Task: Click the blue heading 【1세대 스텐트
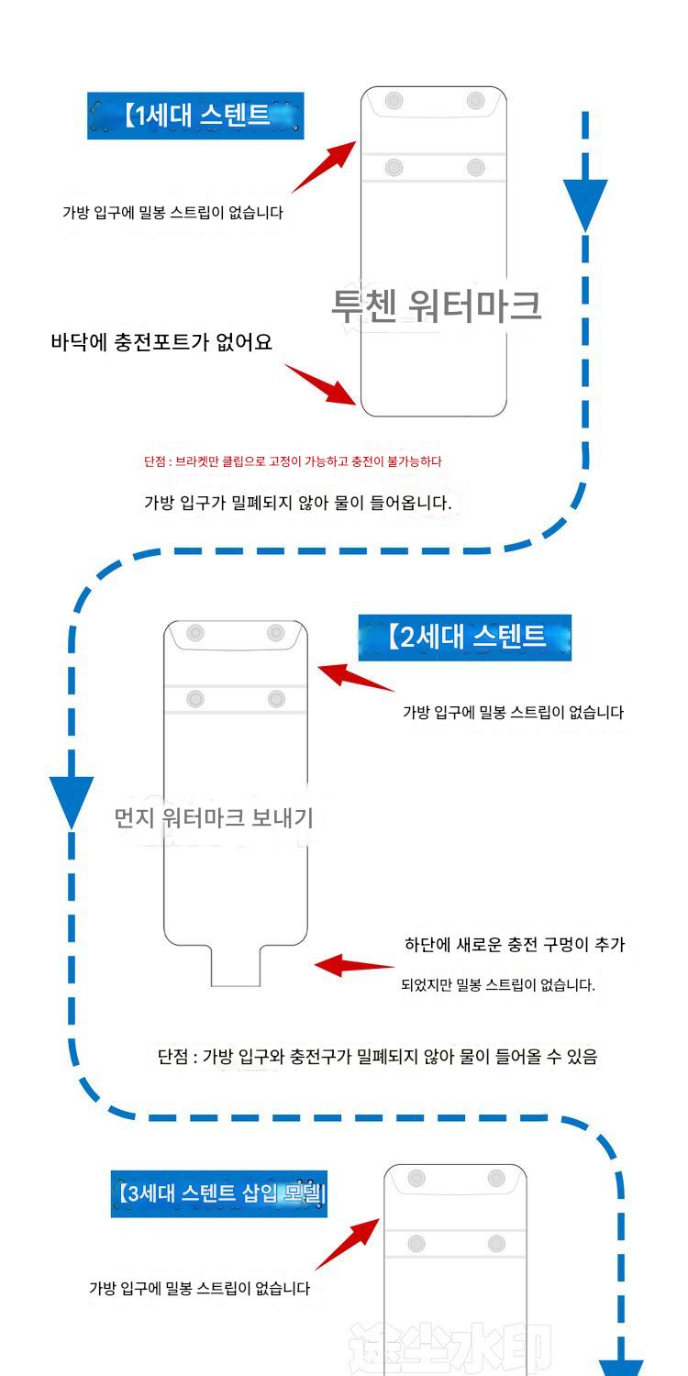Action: click(194, 116)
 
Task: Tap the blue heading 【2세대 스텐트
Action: click(464, 637)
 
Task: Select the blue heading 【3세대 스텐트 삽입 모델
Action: click(218, 1194)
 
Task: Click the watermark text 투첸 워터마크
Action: click(436, 305)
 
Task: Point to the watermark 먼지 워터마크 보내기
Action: click(214, 817)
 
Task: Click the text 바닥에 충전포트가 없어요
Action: click(161, 342)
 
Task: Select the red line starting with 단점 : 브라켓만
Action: click(293, 461)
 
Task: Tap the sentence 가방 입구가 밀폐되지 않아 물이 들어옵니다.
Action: click(298, 503)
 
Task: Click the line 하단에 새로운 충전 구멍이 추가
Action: click(515, 944)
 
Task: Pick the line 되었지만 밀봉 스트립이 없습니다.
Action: click(498, 985)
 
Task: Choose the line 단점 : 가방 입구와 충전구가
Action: click(377, 1057)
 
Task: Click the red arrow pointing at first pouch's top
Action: click(325, 166)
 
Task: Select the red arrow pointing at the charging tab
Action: click(353, 965)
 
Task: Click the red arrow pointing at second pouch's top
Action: click(355, 678)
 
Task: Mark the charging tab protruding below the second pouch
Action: click(236, 967)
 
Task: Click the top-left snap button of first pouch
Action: click(394, 101)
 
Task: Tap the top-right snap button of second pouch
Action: click(276, 633)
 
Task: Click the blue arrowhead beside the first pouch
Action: click(585, 204)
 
